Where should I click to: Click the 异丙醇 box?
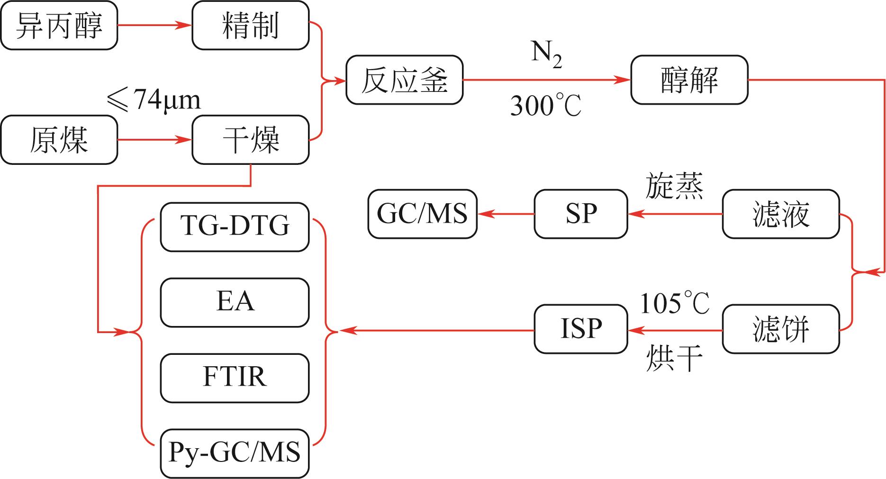59,26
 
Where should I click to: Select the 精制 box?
250,26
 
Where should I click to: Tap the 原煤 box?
59,140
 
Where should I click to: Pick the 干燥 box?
250,140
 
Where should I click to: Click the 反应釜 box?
404,80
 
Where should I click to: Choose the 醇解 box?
689,80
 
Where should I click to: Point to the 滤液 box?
780,214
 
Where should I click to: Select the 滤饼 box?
780,329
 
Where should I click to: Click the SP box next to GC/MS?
581,214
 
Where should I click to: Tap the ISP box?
581,329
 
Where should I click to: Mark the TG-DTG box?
235,227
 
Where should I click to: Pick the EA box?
235,302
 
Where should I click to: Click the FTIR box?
235,378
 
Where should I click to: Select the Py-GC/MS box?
235,453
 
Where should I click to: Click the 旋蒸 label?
674,186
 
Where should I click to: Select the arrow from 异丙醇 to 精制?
154,26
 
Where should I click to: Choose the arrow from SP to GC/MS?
506,214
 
